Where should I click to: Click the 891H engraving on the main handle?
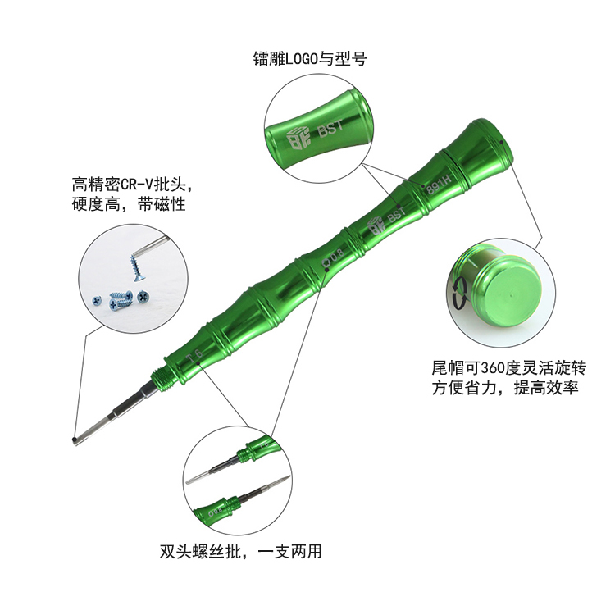tap(439, 184)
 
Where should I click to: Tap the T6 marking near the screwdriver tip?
tap(194, 356)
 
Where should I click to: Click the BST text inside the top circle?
tap(331, 129)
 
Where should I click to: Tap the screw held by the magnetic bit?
tap(136, 267)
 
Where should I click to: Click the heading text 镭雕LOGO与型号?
tap(310, 59)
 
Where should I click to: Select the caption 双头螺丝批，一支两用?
tap(240, 551)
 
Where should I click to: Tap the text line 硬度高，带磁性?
tap(129, 204)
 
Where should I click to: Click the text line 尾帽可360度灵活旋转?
tap(509, 368)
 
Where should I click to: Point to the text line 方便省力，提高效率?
tap(505, 388)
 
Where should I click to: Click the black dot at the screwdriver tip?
tap(75, 440)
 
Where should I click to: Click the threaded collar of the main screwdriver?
tap(162, 379)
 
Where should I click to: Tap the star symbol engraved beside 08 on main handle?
tap(326, 262)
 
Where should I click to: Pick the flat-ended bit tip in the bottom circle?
tap(191, 480)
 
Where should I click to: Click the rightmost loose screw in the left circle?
tap(143, 297)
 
